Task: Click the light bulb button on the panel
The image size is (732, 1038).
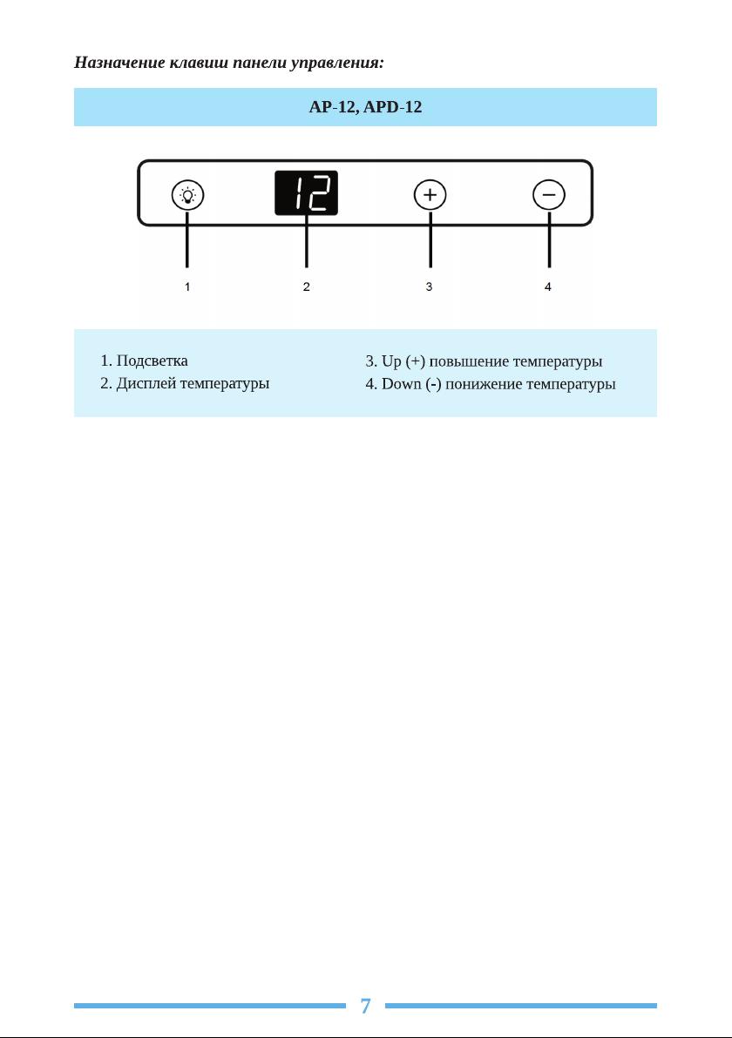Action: [x=187, y=195]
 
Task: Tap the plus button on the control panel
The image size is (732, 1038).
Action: [x=430, y=195]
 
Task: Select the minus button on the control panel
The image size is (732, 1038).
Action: [x=549, y=195]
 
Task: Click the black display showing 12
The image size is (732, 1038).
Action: [x=306, y=192]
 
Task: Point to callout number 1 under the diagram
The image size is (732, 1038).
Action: [x=187, y=286]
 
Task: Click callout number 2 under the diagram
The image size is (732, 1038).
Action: [x=306, y=286]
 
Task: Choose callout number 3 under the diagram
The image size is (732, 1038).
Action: [x=430, y=286]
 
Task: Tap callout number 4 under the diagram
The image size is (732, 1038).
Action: [x=548, y=286]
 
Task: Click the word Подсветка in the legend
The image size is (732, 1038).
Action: [x=152, y=361]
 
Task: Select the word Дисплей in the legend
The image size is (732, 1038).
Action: [x=146, y=384]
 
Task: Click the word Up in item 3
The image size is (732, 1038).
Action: [x=391, y=362]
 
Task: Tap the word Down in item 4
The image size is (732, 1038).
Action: [x=402, y=384]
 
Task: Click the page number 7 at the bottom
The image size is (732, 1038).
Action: [x=365, y=1007]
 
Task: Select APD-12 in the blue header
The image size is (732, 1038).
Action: [x=393, y=107]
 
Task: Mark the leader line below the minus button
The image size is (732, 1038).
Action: [x=549, y=239]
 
